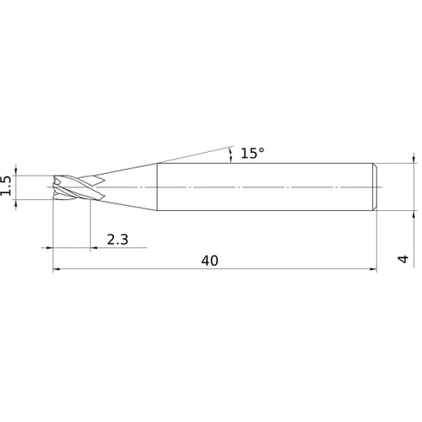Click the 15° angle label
point(252,154)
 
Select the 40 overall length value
point(209,261)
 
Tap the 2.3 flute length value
point(117,240)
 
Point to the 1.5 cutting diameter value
point(6,186)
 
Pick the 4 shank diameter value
point(403,259)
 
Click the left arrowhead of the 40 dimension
point(56,269)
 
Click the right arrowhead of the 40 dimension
point(374,269)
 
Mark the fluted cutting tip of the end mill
point(78,187)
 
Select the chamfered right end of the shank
point(375,187)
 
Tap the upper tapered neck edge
point(117,171)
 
